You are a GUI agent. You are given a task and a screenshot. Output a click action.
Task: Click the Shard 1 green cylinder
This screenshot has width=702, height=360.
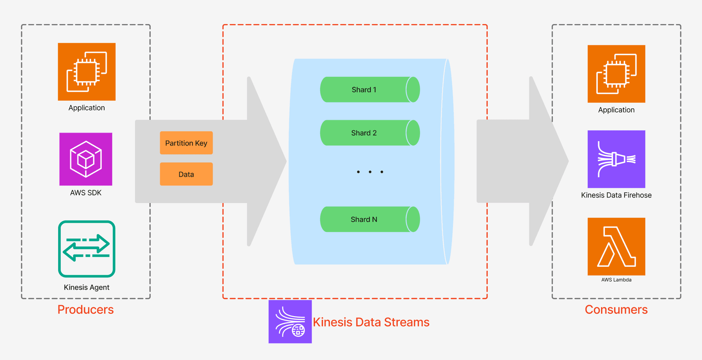[x=369, y=90]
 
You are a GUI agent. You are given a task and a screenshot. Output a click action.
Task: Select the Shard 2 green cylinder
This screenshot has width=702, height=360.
[x=369, y=133]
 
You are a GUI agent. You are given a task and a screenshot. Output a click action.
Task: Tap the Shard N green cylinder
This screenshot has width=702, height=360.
[x=369, y=220]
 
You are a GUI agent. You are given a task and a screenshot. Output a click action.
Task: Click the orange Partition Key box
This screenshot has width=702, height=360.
[x=186, y=143]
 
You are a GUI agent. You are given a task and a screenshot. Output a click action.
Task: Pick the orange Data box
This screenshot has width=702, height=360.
[x=186, y=174]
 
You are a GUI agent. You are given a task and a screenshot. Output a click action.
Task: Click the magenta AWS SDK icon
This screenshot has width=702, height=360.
[x=86, y=159]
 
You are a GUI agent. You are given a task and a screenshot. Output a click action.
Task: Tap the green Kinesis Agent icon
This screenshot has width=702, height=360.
[x=87, y=249]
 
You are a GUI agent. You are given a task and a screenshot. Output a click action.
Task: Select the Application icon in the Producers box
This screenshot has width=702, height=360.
[x=87, y=72]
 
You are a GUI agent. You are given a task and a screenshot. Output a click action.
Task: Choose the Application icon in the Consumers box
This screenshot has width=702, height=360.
[x=616, y=74]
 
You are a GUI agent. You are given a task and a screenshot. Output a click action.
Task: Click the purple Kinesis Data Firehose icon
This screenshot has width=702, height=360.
[x=616, y=159]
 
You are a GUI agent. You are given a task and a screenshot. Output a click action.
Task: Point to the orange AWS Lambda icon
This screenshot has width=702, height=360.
[x=616, y=247]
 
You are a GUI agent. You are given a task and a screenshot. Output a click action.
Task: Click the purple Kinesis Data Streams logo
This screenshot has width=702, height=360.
[x=290, y=322]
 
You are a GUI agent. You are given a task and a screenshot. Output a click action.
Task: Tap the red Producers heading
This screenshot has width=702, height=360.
[x=86, y=310]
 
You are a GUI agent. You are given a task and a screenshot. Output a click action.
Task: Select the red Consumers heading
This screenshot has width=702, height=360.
[x=616, y=310]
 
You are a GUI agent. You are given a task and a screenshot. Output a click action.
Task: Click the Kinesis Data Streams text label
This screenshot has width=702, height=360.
[x=371, y=322]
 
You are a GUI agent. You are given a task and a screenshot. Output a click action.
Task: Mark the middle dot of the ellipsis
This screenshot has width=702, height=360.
[x=370, y=172]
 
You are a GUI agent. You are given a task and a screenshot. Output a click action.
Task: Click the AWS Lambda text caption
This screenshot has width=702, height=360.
[x=616, y=280]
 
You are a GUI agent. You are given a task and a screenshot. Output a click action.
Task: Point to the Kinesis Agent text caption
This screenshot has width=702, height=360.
[x=87, y=288]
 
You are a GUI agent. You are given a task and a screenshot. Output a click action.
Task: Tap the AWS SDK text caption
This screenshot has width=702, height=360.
[x=86, y=193]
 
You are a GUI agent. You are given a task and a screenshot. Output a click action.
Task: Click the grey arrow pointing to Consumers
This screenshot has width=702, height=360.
[x=519, y=161]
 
